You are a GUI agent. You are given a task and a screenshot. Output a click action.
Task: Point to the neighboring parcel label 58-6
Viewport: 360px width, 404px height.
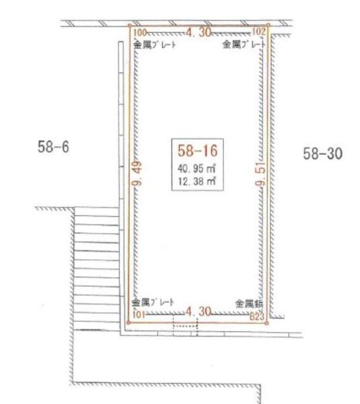[x=54, y=146]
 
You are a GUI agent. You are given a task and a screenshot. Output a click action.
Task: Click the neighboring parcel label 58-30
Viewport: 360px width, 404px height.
[x=323, y=154]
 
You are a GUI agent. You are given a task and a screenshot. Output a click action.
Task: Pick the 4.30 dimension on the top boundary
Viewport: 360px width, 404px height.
[x=199, y=31]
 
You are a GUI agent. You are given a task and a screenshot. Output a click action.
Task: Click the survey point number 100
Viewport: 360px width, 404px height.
[x=139, y=32]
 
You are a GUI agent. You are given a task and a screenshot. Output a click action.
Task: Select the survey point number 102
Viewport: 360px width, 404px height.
[x=259, y=32]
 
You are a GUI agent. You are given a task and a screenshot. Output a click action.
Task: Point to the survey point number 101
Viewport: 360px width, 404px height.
[x=139, y=313]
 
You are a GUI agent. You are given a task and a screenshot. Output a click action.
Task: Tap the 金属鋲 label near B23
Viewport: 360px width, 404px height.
[x=248, y=304]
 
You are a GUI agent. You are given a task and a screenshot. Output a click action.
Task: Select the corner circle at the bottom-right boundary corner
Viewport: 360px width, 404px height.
[x=268, y=323]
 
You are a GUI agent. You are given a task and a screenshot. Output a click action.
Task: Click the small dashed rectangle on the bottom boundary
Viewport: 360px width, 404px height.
[x=185, y=325]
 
